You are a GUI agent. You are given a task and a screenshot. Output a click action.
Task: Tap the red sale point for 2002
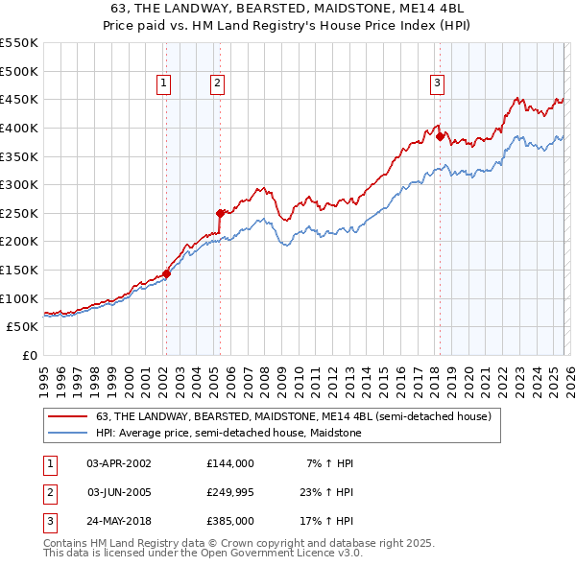pos(166,273)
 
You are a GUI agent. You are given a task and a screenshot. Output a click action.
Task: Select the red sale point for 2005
pos(220,213)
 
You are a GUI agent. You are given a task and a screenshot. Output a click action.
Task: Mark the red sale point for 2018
pos(440,136)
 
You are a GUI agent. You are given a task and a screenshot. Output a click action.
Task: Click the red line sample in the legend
pos(67,416)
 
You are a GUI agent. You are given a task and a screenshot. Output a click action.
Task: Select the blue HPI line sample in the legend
pos(67,432)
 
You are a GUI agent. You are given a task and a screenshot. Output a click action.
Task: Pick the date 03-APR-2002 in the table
pos(119,463)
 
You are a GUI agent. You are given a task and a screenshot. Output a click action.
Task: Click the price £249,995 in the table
pos(230,492)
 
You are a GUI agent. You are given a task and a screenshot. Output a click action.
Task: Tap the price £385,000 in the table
pos(230,521)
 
